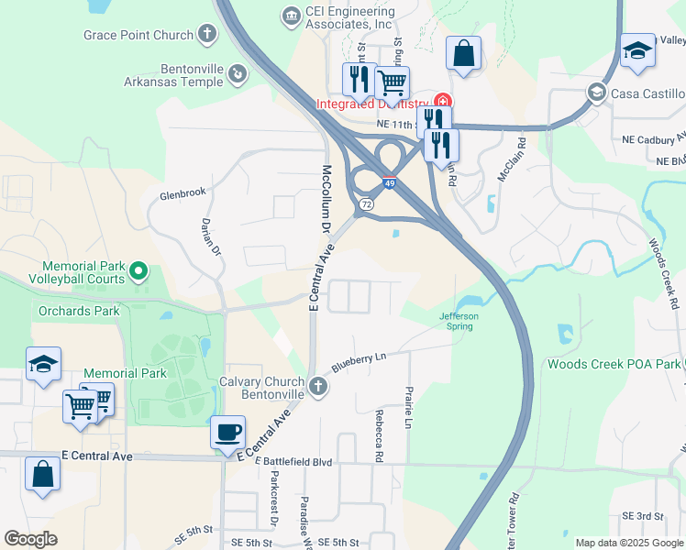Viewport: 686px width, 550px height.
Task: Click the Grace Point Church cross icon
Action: [x=207, y=36]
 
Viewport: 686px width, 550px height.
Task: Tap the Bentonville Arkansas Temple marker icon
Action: [x=237, y=72]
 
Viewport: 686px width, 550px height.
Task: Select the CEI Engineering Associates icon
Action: [x=291, y=16]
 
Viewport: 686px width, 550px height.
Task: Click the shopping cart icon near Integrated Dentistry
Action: [x=392, y=82]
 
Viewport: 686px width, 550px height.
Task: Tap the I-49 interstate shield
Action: [x=390, y=182]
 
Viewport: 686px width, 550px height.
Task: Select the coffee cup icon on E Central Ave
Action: [x=227, y=431]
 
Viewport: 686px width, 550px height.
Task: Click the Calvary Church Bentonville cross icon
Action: [x=317, y=386]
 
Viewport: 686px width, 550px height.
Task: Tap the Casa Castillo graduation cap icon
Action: [x=597, y=93]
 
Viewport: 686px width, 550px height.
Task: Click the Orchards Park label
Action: [x=79, y=311]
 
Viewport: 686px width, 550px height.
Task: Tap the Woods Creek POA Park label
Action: [x=614, y=364]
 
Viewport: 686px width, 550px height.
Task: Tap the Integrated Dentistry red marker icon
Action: [x=443, y=101]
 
